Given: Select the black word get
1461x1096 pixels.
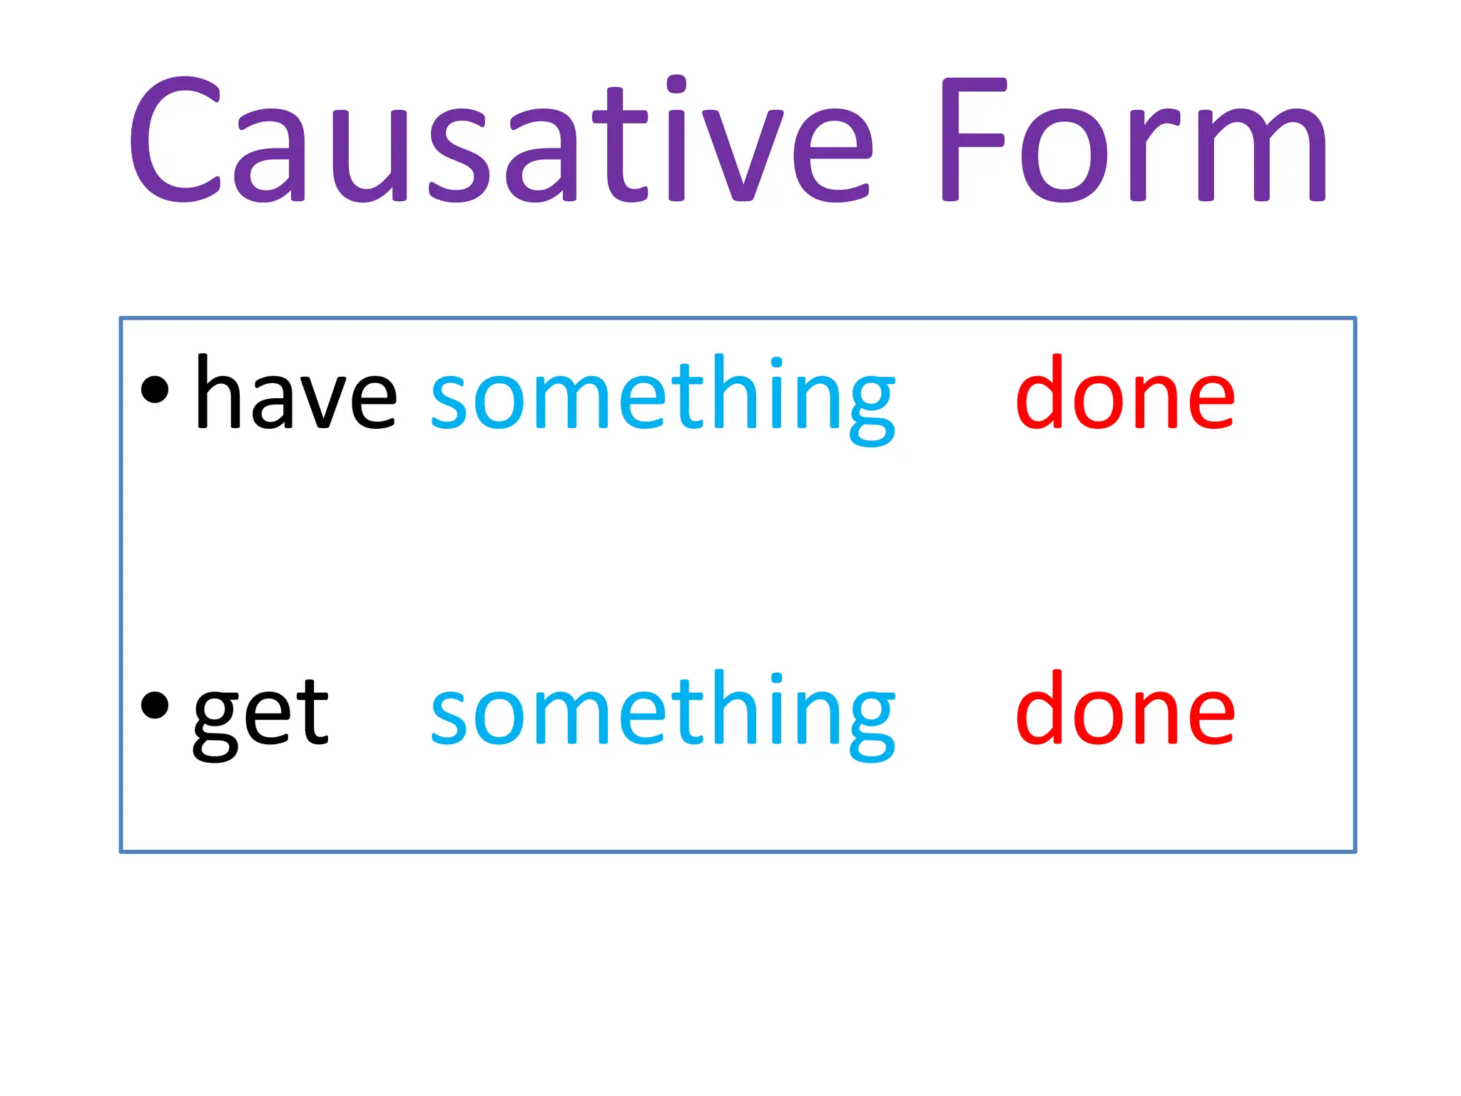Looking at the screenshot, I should pyautogui.click(x=260, y=714).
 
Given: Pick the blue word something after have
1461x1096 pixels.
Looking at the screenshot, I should pyautogui.click(x=662, y=397).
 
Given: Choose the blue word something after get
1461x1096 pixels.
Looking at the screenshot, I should pyautogui.click(x=662, y=714).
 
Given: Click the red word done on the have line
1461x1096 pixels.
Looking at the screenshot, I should pyautogui.click(x=1125, y=394).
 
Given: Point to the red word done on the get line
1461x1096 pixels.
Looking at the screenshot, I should pyautogui.click(x=1125, y=709).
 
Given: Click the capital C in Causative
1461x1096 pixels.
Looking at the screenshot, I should pyautogui.click(x=175, y=139).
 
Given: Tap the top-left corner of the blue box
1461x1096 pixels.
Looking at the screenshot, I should pyautogui.click(x=121, y=318).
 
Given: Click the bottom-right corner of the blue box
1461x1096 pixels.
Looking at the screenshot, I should pyautogui.click(x=1355, y=851).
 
